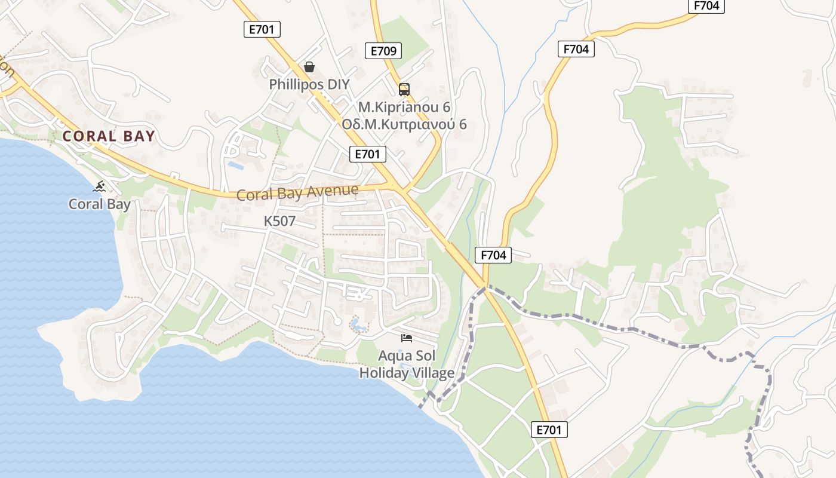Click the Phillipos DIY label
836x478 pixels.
[309, 84]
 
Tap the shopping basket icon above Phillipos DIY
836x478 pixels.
[309, 67]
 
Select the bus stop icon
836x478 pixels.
[404, 90]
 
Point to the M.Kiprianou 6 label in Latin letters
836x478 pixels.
[404, 108]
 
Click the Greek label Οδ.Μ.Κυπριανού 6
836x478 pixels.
[404, 124]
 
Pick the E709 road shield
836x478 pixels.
[383, 51]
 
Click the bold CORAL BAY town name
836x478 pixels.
[109, 136]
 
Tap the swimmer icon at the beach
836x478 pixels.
[99, 186]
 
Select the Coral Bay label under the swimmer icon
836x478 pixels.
[99, 204]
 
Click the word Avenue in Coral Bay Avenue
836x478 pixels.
[333, 191]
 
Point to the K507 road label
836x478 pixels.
[279, 221]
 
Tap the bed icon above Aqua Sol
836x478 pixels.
[407, 338]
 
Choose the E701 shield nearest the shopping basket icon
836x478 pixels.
[262, 29]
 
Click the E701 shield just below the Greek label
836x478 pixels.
[367, 154]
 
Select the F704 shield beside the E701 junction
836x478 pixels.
[493, 255]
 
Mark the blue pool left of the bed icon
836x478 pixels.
[358, 325]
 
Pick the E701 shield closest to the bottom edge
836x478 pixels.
[549, 430]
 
